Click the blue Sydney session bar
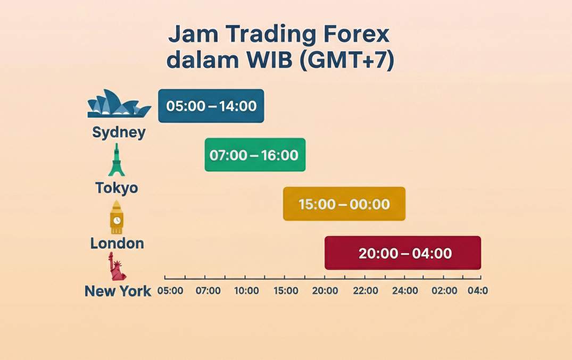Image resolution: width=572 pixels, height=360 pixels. [211, 106]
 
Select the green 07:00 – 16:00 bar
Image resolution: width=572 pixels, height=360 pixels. [255, 155]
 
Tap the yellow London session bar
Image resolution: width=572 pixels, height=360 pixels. [344, 204]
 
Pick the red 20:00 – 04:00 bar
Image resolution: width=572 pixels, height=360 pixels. [403, 253]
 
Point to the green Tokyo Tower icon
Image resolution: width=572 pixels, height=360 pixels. [117, 160]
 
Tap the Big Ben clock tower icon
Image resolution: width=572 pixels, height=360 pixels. [117, 217]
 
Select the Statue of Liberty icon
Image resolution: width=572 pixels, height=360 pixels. [117, 267]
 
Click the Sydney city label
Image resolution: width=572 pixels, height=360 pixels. [119, 132]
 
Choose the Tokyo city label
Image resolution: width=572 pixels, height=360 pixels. [117, 188]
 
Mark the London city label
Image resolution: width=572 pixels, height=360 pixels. [117, 244]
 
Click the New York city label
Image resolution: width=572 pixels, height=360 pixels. [118, 291]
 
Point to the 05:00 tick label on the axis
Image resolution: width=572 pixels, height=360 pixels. [170, 291]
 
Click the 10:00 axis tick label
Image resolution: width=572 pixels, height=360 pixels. [246, 291]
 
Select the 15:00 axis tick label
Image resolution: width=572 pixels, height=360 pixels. [286, 291]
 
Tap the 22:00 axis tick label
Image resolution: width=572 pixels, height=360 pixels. [366, 291]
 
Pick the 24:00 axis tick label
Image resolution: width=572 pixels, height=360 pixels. [405, 291]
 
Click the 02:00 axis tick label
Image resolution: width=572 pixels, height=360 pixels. [444, 291]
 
